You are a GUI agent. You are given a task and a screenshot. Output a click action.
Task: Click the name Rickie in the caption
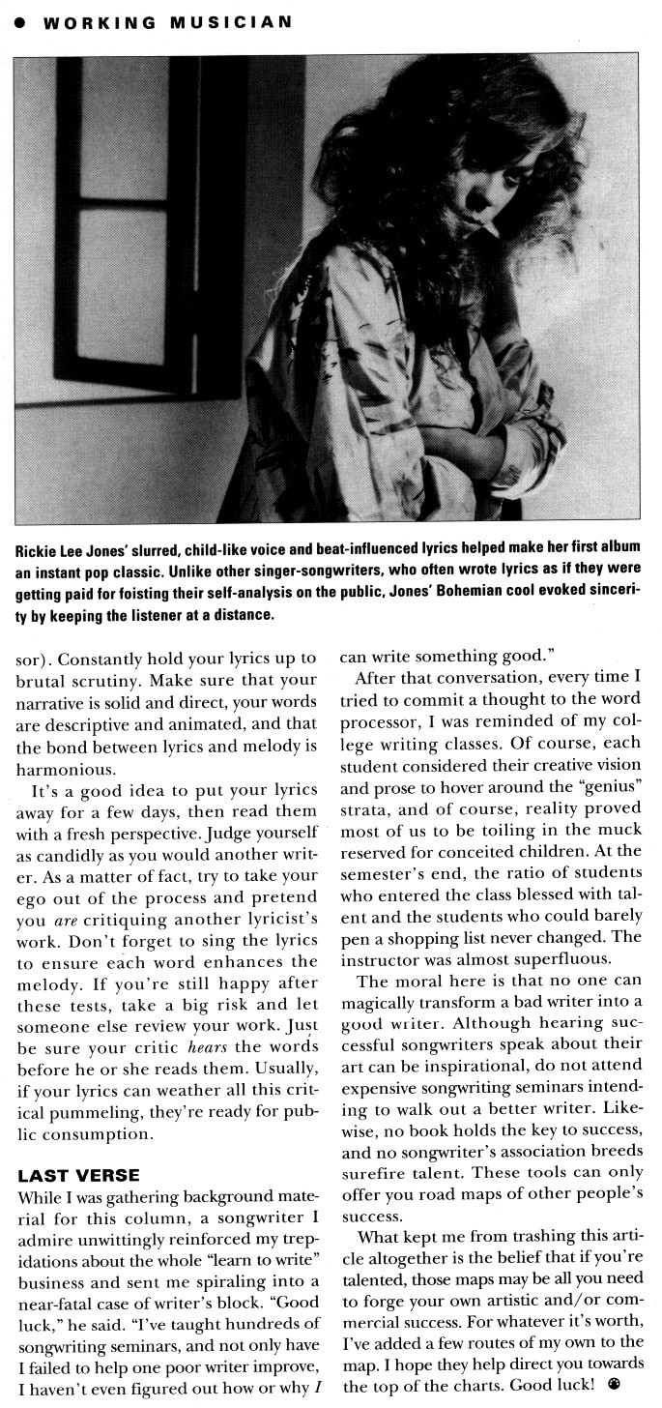37,551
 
